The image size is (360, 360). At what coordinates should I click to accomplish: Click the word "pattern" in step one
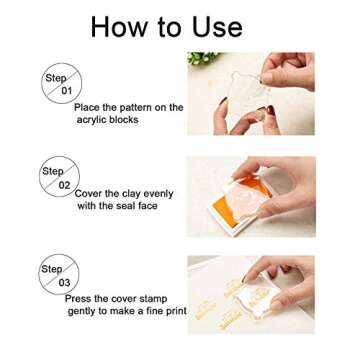point(136,107)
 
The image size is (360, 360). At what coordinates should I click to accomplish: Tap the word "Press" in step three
point(80,298)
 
